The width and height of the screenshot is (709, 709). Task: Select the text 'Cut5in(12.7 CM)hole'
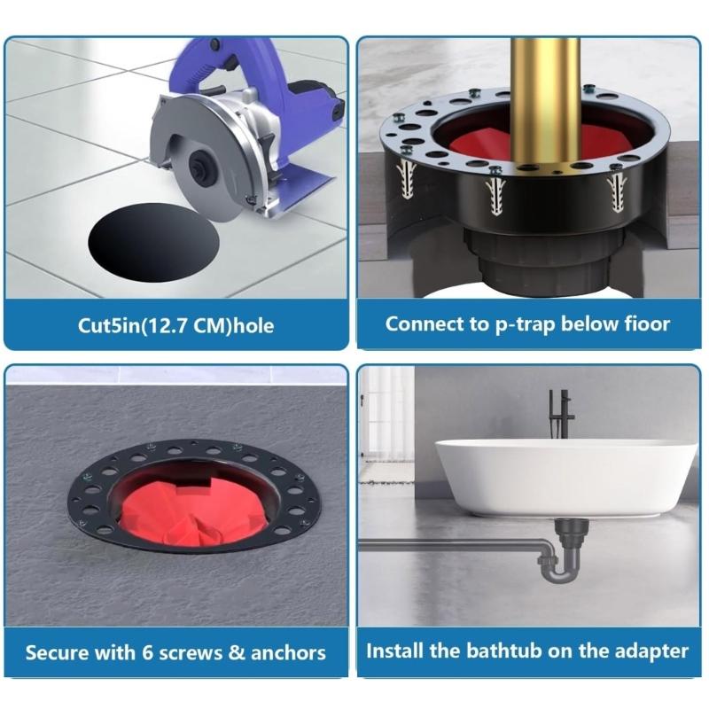tap(175, 325)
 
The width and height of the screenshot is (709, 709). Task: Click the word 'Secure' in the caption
tap(56, 654)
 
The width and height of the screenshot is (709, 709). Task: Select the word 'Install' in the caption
tap(395, 651)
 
